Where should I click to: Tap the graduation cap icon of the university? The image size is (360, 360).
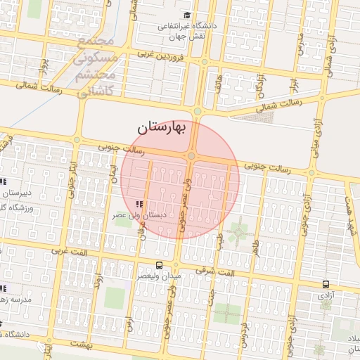coord(186,15)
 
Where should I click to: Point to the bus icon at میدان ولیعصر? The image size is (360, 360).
coord(160,266)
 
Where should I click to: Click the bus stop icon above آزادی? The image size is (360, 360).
coord(326,284)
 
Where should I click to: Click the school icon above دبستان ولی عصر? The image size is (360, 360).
coord(139,204)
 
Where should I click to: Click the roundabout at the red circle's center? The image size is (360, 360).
coord(191,156)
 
